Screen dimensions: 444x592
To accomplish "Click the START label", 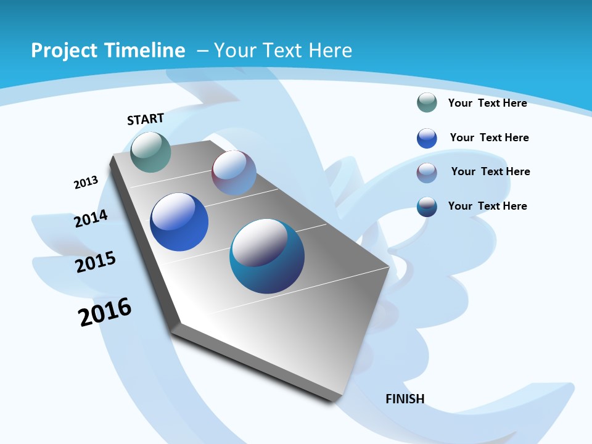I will point(146,119).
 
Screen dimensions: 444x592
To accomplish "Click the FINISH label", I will point(405,399).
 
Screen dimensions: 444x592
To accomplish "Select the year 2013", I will point(86,182).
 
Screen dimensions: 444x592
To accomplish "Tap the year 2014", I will point(91,218).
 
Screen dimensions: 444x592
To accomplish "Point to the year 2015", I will point(96,262).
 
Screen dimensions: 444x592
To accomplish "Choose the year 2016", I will point(105,312).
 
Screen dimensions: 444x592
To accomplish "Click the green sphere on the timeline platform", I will point(150,152).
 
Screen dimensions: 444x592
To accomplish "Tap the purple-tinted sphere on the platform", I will point(234,173).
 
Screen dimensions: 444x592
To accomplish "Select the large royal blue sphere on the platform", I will point(179,222).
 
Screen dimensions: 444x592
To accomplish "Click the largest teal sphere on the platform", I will point(267,256).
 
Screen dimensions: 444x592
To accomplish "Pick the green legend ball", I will point(427,102).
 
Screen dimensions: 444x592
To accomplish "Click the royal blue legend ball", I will point(427,138).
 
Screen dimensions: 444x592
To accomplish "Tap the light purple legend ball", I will point(427,173).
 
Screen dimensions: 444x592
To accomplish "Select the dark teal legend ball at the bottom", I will point(427,207).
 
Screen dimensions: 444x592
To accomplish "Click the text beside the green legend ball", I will point(487,103).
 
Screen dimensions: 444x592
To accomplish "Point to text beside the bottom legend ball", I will point(487,206).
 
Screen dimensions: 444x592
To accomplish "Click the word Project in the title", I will point(64,51).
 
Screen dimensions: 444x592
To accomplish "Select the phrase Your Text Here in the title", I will point(283,51).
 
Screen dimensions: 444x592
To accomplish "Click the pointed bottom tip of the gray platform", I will point(334,400).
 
